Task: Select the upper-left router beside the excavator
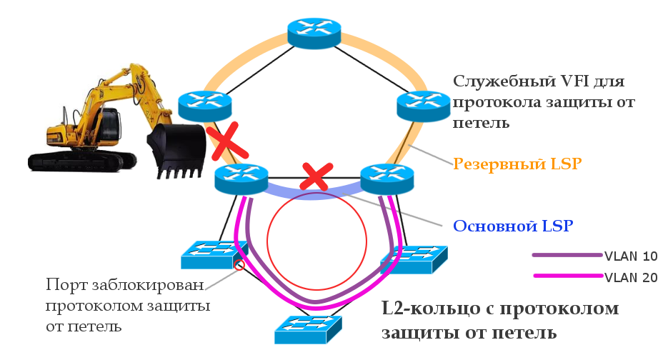206,105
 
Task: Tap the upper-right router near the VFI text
423,105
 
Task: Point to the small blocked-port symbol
240,264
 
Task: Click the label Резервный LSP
517,164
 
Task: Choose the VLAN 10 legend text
630,256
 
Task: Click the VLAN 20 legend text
630,278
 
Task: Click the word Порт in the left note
63,285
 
